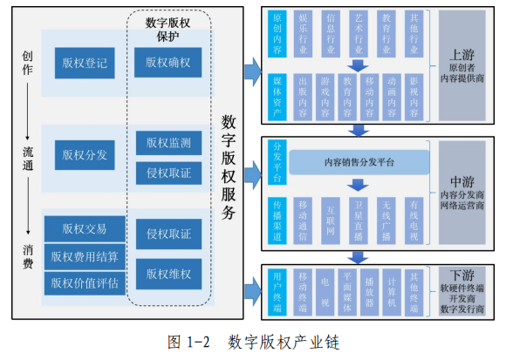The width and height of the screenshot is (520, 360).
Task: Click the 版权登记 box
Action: (x=85, y=62)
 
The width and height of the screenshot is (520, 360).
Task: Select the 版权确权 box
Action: (x=168, y=62)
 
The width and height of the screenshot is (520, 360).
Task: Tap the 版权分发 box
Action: (x=85, y=155)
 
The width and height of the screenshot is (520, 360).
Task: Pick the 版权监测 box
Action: (x=168, y=143)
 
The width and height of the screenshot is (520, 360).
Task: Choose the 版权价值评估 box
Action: (x=85, y=282)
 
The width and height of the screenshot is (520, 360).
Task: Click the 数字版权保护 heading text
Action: (x=168, y=29)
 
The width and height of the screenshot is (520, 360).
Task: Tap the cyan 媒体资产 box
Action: (x=277, y=97)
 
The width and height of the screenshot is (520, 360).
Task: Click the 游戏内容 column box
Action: (x=325, y=97)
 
